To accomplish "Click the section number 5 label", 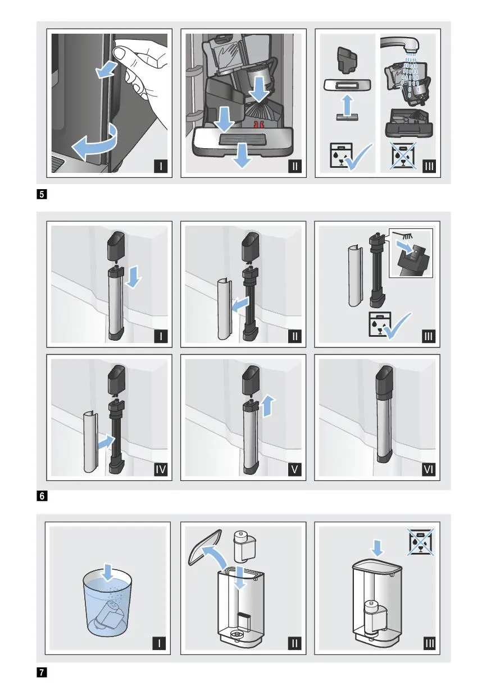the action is coord(42,195).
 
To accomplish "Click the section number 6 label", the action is coord(42,496).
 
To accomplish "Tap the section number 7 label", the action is coord(42,672).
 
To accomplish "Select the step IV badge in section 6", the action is coord(161,469).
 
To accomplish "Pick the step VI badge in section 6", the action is coord(429,469).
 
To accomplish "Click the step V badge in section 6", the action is coord(294,469).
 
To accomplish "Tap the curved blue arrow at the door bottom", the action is coord(95,143).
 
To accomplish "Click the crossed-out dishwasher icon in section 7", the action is coord(421,542).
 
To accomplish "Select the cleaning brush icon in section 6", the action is coord(403,235).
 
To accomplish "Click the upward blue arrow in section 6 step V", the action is coord(267,406).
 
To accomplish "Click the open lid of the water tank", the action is coord(205,547).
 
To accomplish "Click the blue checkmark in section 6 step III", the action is coord(398,326).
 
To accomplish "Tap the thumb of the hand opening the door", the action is coord(124,52).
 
